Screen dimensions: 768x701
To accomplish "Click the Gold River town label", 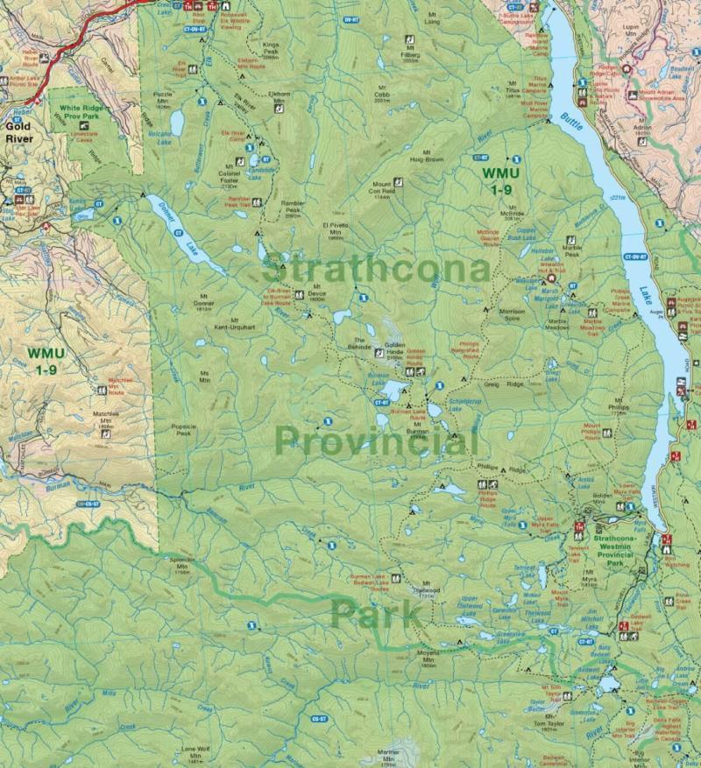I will click(x=18, y=131).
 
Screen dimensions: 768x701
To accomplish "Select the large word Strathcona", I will click(x=375, y=267).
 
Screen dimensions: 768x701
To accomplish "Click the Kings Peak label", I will click(x=270, y=47).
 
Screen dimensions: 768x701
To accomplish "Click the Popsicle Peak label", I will click(x=182, y=429).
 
